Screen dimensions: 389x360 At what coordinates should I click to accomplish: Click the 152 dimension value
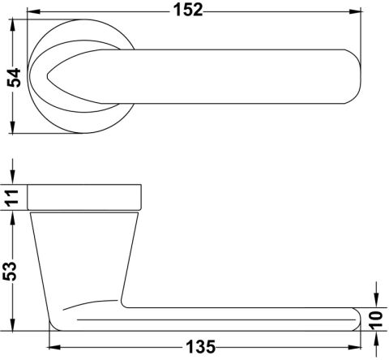188,11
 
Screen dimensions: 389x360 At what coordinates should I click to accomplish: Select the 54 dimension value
14,78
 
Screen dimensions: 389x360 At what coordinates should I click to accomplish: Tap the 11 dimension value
12,198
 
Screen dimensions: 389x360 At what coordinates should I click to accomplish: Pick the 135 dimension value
201,347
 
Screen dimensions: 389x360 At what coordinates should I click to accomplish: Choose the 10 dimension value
376,320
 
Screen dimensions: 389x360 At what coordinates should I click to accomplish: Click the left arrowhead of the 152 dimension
34,11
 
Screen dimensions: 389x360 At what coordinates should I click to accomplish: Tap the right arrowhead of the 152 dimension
355,11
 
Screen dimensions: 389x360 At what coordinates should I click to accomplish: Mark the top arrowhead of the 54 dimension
12,26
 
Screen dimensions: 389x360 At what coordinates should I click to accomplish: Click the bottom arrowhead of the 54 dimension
12,127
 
